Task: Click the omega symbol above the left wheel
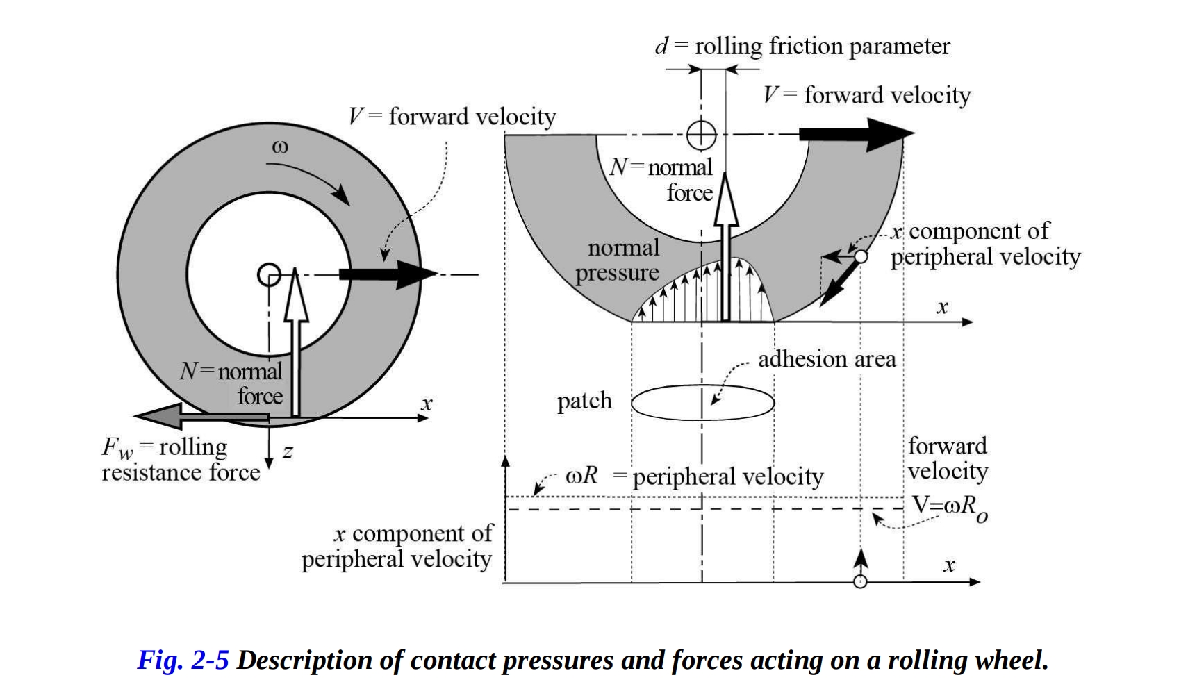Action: pos(280,147)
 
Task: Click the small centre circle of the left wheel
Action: pos(269,275)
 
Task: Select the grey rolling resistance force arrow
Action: pos(201,417)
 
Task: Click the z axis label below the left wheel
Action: pos(288,452)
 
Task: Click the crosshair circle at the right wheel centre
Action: pos(701,135)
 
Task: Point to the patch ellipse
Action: pos(702,403)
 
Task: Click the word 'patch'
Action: pos(584,401)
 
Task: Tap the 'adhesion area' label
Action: pos(827,359)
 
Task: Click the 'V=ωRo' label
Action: pos(948,506)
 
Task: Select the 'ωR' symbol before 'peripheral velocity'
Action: pos(581,476)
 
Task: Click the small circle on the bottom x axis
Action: pos(860,581)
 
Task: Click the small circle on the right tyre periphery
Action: pos(861,256)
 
